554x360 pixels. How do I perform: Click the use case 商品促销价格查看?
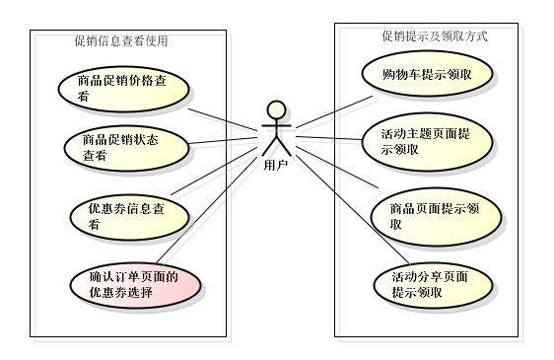[122, 88]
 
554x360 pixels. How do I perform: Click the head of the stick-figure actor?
[276, 108]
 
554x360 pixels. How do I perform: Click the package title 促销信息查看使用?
[121, 41]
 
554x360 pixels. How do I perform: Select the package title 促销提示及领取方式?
[435, 36]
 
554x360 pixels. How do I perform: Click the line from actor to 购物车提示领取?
[335, 110]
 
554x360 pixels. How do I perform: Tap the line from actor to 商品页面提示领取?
[335, 166]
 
